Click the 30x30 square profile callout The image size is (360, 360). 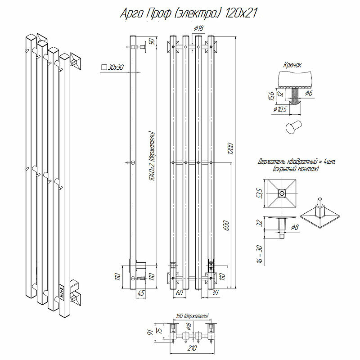click(x=112, y=67)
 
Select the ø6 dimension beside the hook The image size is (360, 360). click(x=309, y=93)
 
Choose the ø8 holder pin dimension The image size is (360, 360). click(x=294, y=227)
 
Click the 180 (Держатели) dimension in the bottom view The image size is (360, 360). click(x=192, y=316)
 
